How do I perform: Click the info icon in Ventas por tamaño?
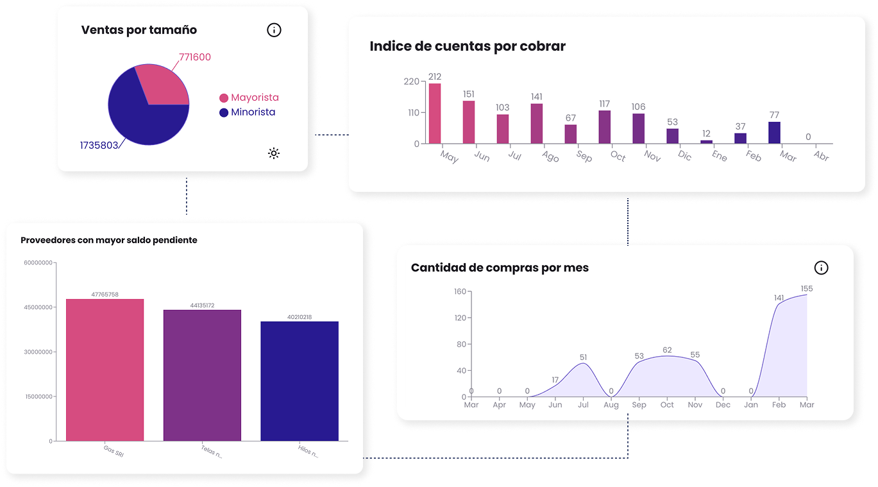pyautogui.click(x=274, y=30)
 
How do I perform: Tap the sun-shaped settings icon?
pyautogui.click(x=274, y=153)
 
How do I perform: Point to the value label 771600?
pyautogui.click(x=195, y=57)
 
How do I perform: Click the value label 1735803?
pyautogui.click(x=99, y=145)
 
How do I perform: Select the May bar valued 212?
pyautogui.click(x=435, y=114)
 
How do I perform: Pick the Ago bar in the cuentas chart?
pyautogui.click(x=537, y=123)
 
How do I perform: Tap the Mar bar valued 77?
pyautogui.click(x=774, y=132)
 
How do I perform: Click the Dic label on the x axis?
pyautogui.click(x=684, y=155)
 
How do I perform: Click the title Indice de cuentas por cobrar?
pyautogui.click(x=468, y=46)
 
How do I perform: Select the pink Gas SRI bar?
pyautogui.click(x=105, y=370)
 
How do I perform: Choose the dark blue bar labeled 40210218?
pyautogui.click(x=300, y=381)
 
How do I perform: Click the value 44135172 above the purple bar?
pyautogui.click(x=202, y=305)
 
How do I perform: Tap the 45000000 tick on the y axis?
pyautogui.click(x=38, y=307)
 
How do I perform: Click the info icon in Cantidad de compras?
pyautogui.click(x=821, y=268)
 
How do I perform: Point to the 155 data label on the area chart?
pyautogui.click(x=806, y=289)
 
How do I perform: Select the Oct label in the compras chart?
pyautogui.click(x=667, y=405)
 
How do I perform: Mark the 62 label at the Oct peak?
pyautogui.click(x=667, y=350)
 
